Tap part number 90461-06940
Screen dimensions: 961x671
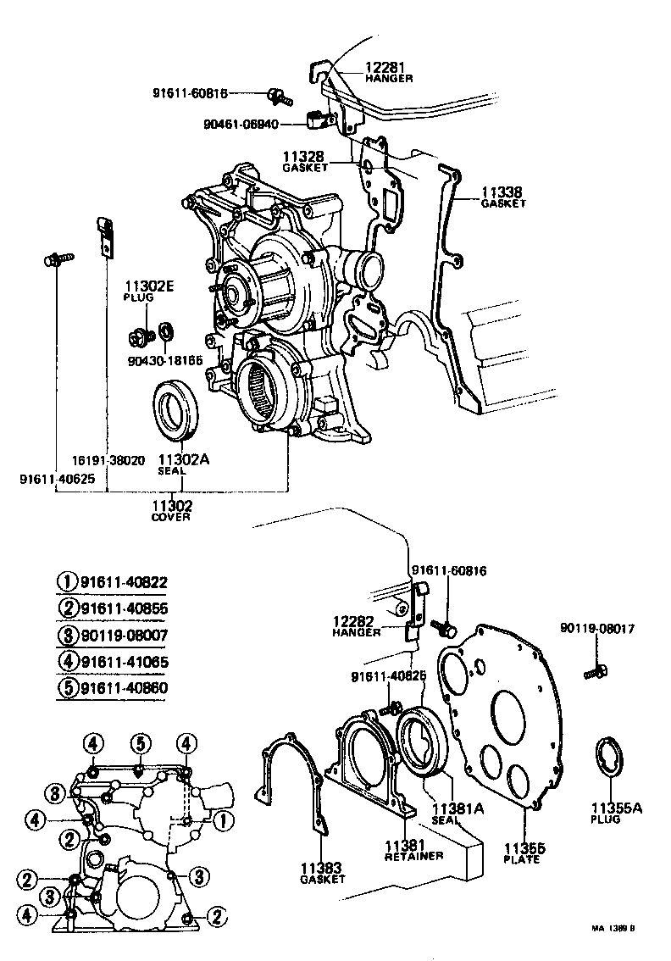pos(241,124)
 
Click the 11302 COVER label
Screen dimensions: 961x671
pos(172,510)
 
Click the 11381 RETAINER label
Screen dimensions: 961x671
pos(413,850)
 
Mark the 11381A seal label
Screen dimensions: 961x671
pos(457,814)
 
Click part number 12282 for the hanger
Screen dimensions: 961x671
pos(357,625)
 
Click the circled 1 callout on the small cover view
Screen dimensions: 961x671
pos(222,819)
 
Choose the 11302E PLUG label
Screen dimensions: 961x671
pos(149,291)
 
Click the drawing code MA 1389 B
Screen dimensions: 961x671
pos(613,928)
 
